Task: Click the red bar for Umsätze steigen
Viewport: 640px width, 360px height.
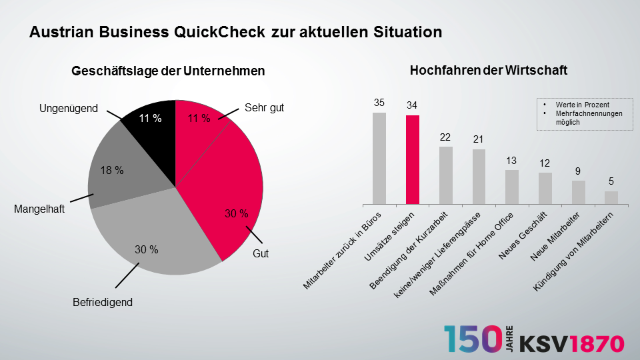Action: [413, 160]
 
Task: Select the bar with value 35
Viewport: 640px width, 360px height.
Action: [379, 158]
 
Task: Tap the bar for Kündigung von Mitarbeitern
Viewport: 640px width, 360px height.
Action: [611, 197]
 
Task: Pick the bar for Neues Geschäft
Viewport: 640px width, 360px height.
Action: [545, 188]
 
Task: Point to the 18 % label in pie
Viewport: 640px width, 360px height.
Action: [111, 171]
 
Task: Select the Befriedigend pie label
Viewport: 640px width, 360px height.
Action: [103, 302]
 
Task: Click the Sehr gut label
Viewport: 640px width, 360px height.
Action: [264, 107]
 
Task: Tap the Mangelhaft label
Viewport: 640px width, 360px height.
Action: [39, 209]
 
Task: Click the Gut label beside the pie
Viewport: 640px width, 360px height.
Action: [260, 254]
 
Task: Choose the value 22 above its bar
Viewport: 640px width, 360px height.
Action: [446, 137]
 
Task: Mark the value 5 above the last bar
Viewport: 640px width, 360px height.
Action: [611, 181]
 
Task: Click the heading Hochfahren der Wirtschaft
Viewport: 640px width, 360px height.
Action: [489, 70]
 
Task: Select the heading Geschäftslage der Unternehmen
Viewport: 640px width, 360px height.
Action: [169, 71]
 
